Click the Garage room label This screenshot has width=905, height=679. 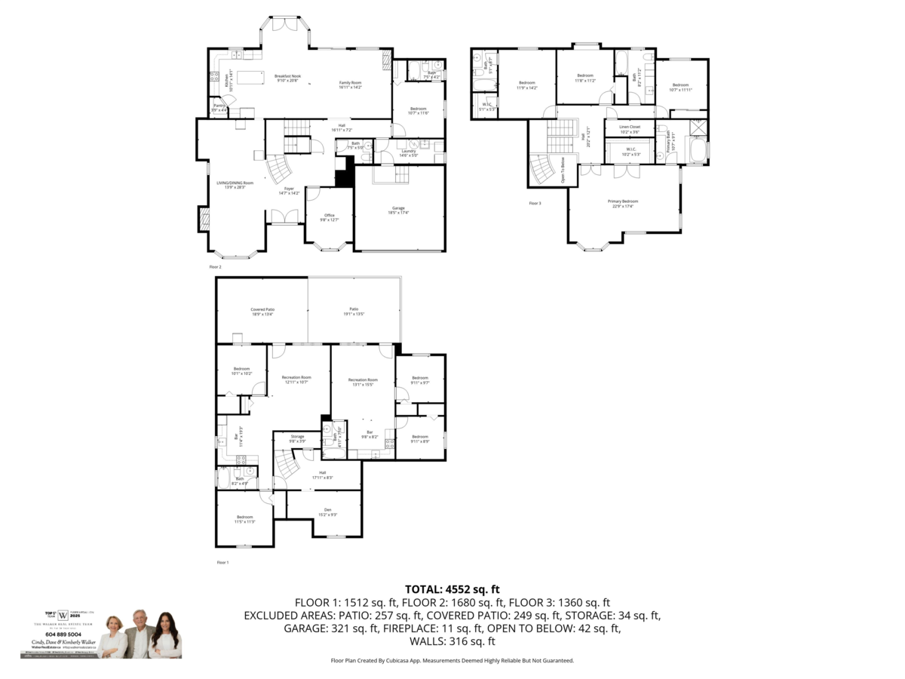click(399, 209)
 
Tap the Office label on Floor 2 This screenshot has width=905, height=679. click(329, 217)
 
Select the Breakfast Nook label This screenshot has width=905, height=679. click(287, 78)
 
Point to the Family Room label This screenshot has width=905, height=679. click(351, 84)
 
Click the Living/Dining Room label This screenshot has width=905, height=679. click(235, 185)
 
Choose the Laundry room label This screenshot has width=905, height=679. click(410, 152)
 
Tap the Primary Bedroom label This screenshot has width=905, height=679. click(624, 203)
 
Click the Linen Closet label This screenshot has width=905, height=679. click(630, 128)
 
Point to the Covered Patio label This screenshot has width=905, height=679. click(262, 312)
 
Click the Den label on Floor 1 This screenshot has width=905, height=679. click(327, 512)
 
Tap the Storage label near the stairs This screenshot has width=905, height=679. click(297, 438)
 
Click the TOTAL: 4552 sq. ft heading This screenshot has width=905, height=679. click(452, 589)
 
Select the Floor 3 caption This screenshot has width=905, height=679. click(535, 203)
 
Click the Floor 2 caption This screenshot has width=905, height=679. click(215, 266)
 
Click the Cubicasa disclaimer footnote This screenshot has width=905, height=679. click(452, 660)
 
